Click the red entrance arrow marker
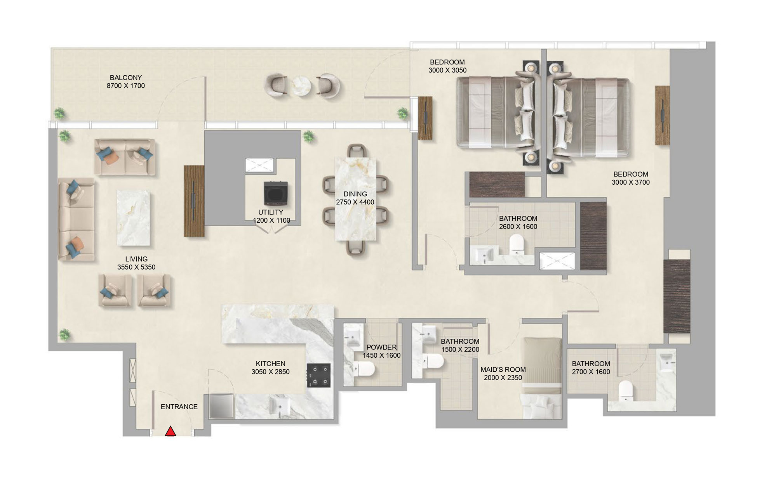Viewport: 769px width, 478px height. [x=171, y=431]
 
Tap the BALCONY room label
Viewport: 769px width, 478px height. [x=125, y=78]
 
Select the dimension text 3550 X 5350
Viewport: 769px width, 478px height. [x=136, y=267]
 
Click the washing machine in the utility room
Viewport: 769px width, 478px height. [x=275, y=193]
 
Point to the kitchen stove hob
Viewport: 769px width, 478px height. [x=318, y=375]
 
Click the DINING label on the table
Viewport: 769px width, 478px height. [x=355, y=194]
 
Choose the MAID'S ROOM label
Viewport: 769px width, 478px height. [x=503, y=370]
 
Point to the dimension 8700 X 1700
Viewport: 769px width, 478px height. [x=125, y=86]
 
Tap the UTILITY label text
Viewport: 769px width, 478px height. [x=271, y=212]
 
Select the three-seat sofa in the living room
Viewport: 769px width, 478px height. [x=76, y=219]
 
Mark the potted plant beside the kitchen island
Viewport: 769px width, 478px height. [x=65, y=334]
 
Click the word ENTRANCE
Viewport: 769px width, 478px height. [x=179, y=407]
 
